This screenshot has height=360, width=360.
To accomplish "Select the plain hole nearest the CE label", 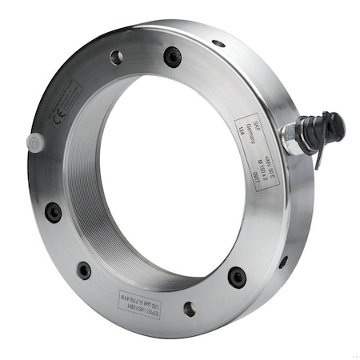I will coord(116,57).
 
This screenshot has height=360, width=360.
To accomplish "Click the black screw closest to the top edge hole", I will coord(173,56).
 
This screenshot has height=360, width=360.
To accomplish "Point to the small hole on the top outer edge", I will coord(218,43).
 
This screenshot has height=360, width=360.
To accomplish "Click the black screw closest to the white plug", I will coord(53,212).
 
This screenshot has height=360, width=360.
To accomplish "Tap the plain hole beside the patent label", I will coord(189,308).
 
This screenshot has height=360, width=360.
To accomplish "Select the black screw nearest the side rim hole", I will coord(238,276).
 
